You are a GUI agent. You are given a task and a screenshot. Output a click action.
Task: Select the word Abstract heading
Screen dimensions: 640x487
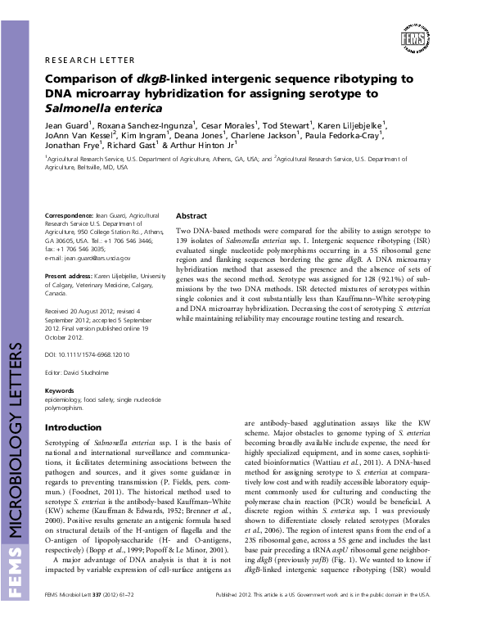click(x=191, y=215)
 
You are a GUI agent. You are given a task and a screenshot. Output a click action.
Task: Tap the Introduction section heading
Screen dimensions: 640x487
click(x=73, y=428)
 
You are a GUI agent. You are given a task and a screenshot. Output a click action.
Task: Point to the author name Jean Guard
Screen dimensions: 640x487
click(x=65, y=125)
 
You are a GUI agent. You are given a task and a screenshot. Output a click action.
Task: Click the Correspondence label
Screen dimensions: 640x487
click(x=71, y=215)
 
